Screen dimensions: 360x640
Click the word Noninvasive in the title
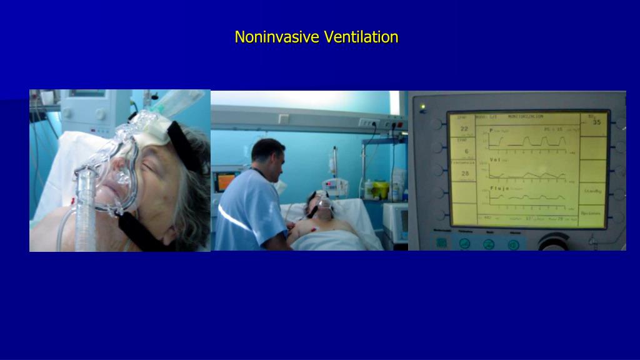[276, 37]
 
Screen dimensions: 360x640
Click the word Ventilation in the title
[361, 37]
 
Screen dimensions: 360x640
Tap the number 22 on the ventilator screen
[464, 129]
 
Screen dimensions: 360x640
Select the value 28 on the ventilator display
[464, 172]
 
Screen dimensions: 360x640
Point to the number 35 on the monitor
[596, 123]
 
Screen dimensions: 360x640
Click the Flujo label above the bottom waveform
[498, 187]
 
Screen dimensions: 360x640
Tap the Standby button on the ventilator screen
[592, 191]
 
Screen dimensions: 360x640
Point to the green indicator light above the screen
[422, 107]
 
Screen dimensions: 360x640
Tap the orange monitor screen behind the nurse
[224, 182]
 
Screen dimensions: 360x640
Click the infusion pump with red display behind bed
[335, 186]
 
